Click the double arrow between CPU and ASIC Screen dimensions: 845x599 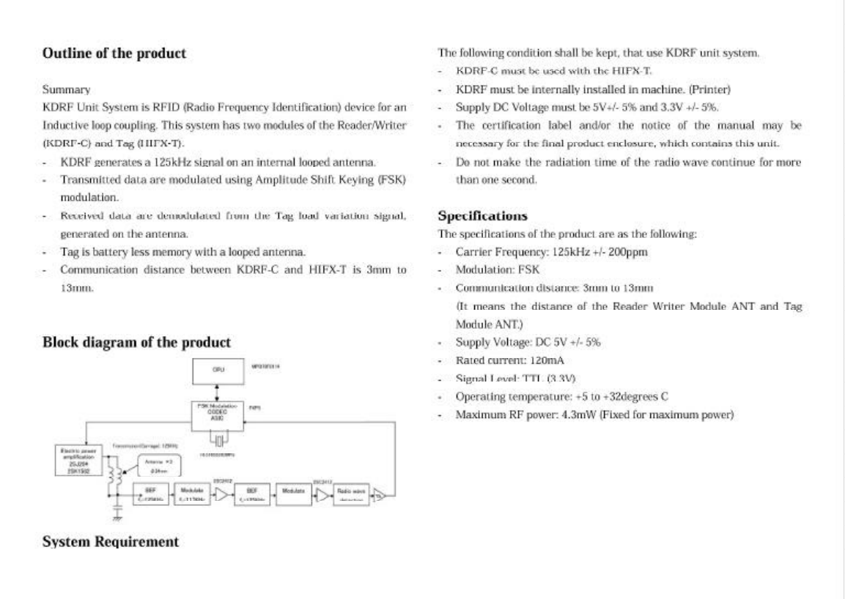tap(218, 394)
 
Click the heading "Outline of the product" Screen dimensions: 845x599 tap(114, 53)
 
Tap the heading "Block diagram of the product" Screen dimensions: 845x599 tap(137, 342)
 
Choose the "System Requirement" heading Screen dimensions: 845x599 tap(110, 542)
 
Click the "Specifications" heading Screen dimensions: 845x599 tap(482, 216)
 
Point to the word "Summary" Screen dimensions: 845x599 tap(67, 90)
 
